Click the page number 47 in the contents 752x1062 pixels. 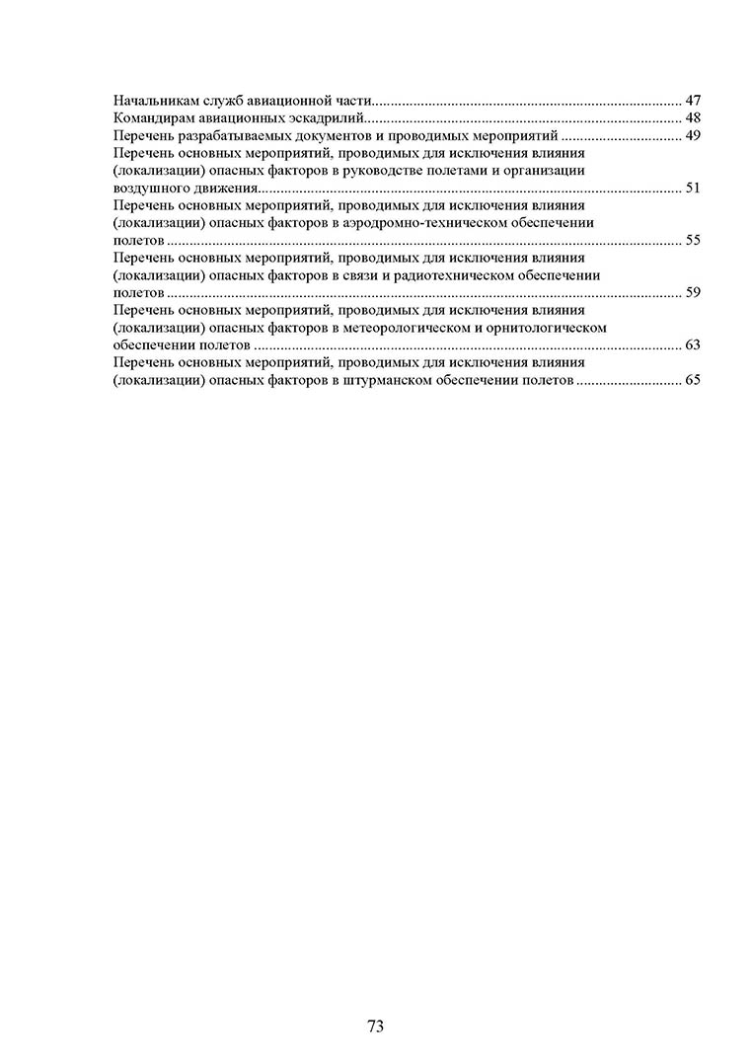tap(692, 101)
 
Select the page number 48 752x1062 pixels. tap(692, 118)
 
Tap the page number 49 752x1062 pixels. tap(692, 135)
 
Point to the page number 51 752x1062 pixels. tap(692, 188)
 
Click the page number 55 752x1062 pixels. tap(692, 240)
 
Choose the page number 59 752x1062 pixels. tap(692, 292)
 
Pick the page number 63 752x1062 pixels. tap(692, 344)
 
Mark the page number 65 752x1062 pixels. tap(692, 379)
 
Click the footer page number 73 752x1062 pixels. tap(375, 1026)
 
